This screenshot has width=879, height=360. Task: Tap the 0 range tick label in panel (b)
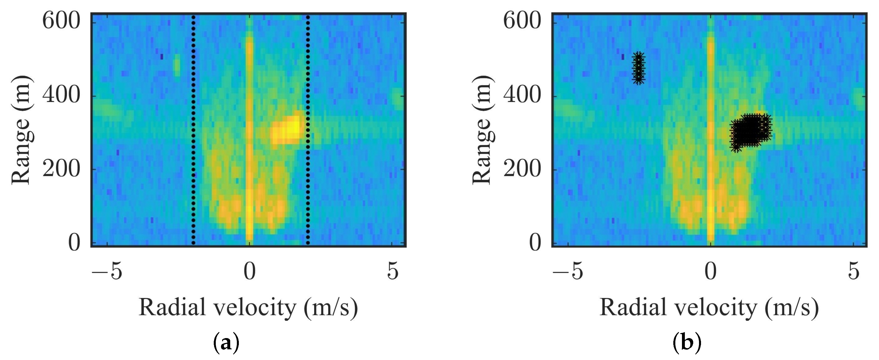[535, 243]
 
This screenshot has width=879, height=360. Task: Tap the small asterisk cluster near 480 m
[639, 68]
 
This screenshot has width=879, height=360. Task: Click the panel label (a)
[226, 343]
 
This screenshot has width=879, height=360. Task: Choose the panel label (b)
[687, 343]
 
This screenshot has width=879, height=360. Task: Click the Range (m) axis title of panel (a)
[22, 130]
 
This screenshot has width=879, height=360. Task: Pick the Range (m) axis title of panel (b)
[483, 130]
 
